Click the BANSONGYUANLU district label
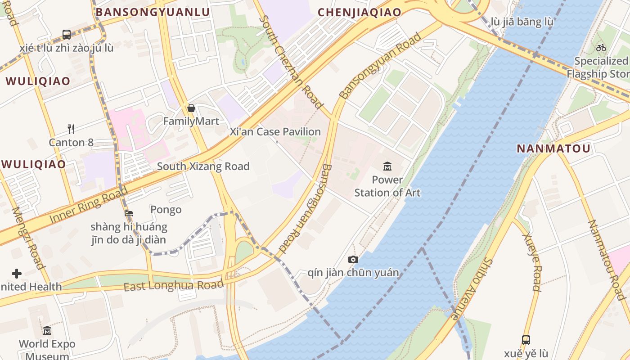(153, 12)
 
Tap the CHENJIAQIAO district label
(360, 12)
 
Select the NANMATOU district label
(553, 148)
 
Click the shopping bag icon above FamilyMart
(191, 108)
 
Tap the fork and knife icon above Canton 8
(71, 129)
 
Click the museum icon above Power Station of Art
(387, 167)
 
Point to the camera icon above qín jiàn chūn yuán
(353, 259)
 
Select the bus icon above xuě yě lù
(526, 340)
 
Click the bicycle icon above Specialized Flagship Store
(601, 48)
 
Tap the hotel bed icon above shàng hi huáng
(129, 213)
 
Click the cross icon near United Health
(17, 273)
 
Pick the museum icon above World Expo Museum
(47, 331)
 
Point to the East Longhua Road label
(173, 285)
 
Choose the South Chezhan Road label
(291, 62)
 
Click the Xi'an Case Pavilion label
(275, 132)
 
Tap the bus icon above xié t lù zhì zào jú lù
(67, 34)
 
